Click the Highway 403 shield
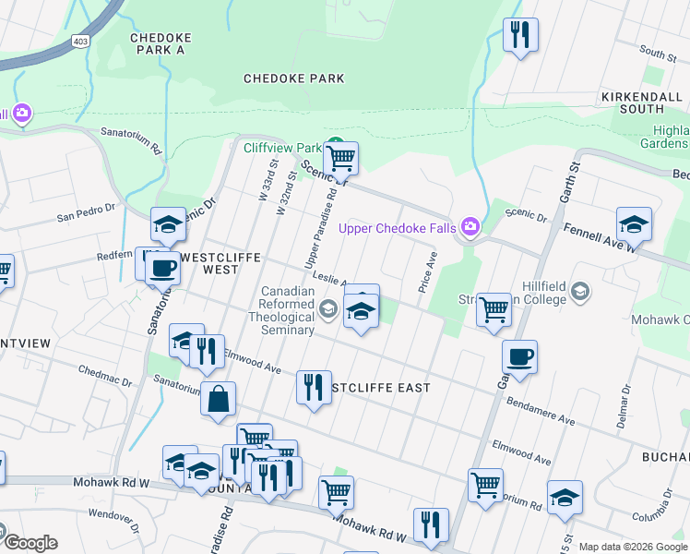coord(81,42)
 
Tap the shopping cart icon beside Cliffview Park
coord(341,158)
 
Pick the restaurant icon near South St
coord(519,35)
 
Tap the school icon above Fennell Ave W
coord(634,224)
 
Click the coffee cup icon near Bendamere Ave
coord(519,357)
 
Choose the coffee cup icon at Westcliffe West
coord(162,268)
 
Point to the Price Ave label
coord(427,273)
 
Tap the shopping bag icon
coord(218,400)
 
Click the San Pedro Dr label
coord(87,218)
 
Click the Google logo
coord(30,542)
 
